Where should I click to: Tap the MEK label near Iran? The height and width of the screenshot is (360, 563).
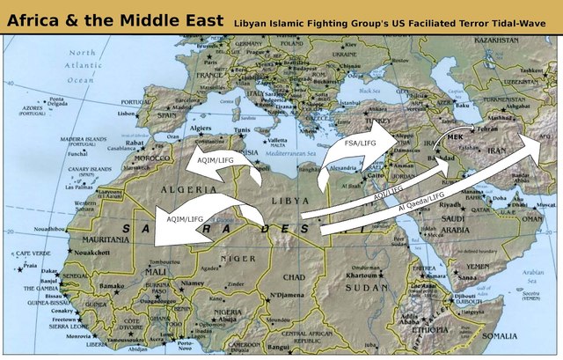coord(455,137)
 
